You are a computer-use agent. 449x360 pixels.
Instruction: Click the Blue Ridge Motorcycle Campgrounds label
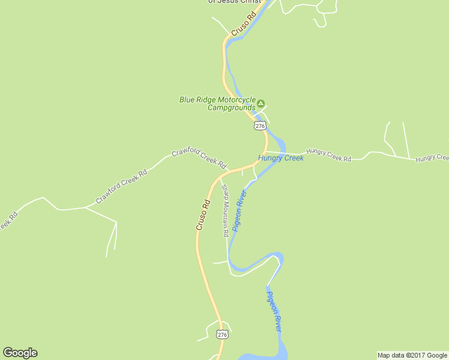[x=218, y=104]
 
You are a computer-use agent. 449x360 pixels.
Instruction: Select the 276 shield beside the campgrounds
[x=259, y=125]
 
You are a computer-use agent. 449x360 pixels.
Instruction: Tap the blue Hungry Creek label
[x=281, y=158]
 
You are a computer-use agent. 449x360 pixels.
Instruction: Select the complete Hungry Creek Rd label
[x=328, y=155]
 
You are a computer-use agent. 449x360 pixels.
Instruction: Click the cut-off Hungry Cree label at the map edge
[x=432, y=157]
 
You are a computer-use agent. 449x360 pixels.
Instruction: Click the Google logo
[x=20, y=353]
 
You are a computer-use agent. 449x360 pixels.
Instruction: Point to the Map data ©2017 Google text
[x=412, y=355]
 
